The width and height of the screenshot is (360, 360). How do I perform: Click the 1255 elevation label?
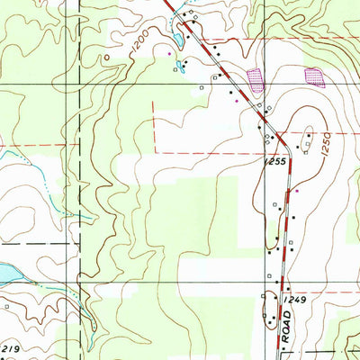(x=275, y=160)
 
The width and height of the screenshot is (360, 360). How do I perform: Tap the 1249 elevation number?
(x=289, y=298)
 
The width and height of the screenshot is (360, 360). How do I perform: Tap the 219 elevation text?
(x=9, y=347)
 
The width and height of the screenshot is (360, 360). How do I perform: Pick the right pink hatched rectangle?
(x=314, y=76)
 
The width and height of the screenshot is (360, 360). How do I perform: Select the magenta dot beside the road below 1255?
(x=297, y=191)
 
